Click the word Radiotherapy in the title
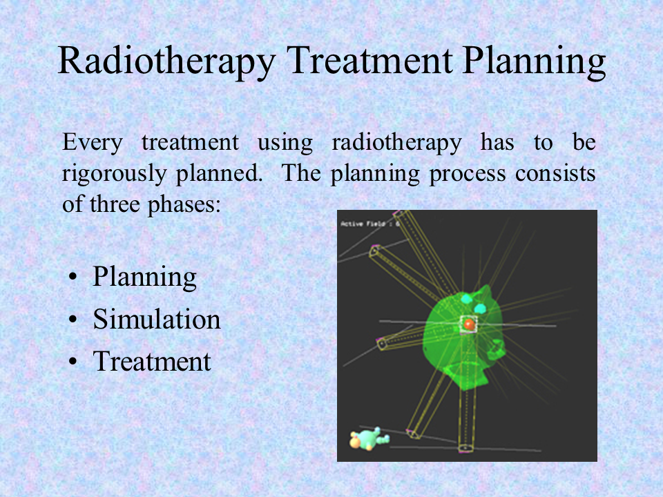coord(167,61)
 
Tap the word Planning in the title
coord(534,61)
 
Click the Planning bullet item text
coord(144,277)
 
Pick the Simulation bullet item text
coord(157,319)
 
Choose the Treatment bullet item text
coord(152,361)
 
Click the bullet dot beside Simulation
coord(73,320)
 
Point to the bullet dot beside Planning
coord(73,277)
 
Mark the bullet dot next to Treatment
coord(73,362)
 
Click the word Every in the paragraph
coord(93,143)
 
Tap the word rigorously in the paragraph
coord(114,174)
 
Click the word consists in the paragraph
coord(555,173)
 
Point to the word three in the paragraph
coord(115,204)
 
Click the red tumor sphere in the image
coord(469,324)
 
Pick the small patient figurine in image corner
coord(369,439)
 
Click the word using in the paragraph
coord(285,143)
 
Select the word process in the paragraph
coord(468,174)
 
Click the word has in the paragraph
coord(497,142)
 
